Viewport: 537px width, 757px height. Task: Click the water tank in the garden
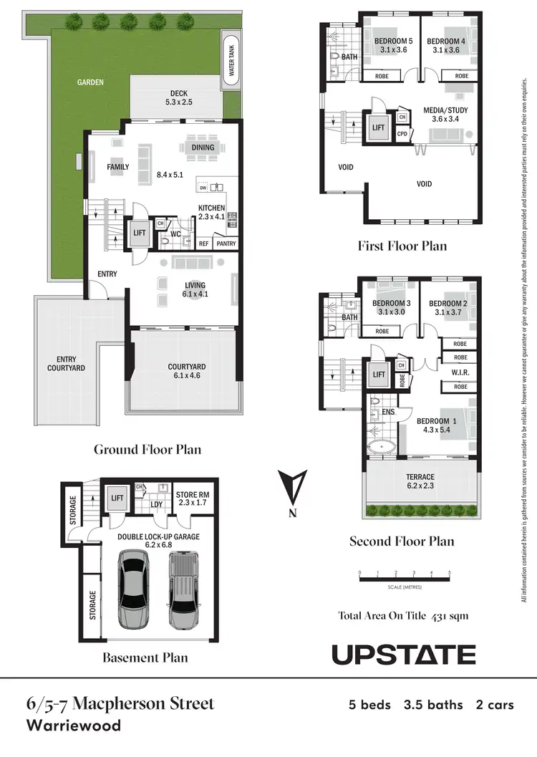pyautogui.click(x=231, y=59)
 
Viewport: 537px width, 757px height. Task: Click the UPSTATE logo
pyautogui.click(x=403, y=655)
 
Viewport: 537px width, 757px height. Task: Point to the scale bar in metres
pyautogui.click(x=404, y=578)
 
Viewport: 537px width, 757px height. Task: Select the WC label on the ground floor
pyautogui.click(x=175, y=233)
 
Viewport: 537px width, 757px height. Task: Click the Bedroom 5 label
pyautogui.click(x=391, y=45)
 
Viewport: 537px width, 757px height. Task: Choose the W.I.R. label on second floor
pyautogui.click(x=460, y=372)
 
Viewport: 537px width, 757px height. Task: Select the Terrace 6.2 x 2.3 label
pyautogui.click(x=420, y=481)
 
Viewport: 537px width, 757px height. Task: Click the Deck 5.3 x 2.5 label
pyautogui.click(x=178, y=97)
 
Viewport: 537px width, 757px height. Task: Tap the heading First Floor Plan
pyautogui.click(x=402, y=246)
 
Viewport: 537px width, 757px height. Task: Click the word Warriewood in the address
pyautogui.click(x=73, y=725)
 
